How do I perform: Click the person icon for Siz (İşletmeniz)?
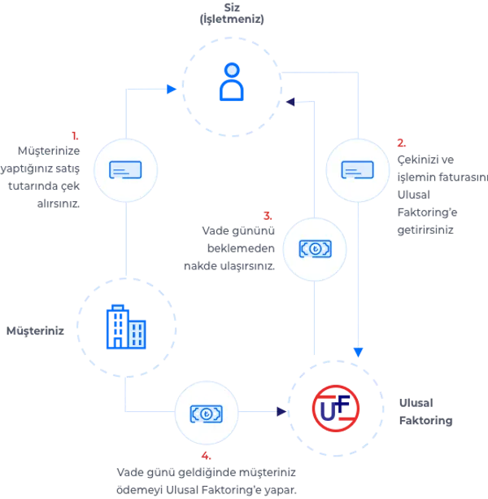(x=232, y=81)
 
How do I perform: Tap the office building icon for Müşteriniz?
(x=126, y=326)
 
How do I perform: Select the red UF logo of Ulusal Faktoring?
(x=336, y=409)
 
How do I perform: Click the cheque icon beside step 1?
(x=125, y=170)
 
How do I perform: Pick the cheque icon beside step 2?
(x=357, y=170)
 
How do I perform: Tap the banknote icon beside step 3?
(x=315, y=249)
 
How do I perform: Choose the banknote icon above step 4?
(x=207, y=414)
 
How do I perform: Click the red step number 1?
(x=75, y=136)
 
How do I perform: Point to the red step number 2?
(x=402, y=143)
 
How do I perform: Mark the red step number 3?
(x=268, y=216)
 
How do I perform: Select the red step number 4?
(x=206, y=456)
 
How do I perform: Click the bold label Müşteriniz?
(x=35, y=331)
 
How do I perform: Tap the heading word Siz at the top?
(x=232, y=7)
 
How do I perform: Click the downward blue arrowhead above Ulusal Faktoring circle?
(x=359, y=352)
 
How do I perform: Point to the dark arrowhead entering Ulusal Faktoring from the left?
(x=281, y=411)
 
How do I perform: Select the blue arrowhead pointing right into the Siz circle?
(x=172, y=89)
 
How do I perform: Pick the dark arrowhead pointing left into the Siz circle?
(x=290, y=102)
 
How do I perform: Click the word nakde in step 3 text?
(x=200, y=265)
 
